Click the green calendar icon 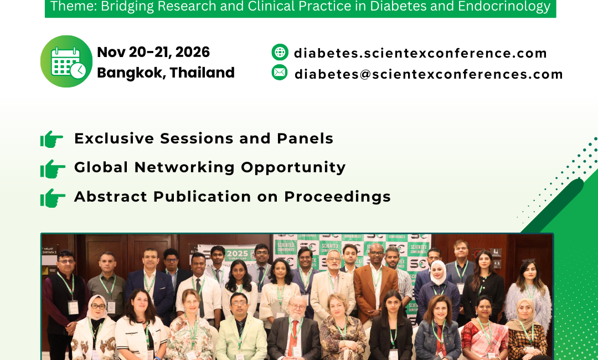coord(66,61)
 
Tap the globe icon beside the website coord(280,52)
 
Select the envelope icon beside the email coord(280,73)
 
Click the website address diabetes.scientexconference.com coord(420,53)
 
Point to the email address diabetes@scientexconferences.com coord(429,74)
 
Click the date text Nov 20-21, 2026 coord(153,52)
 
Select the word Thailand coord(202,73)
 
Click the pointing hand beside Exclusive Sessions coord(52,139)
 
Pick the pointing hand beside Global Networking coord(52,169)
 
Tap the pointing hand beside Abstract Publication coord(52,198)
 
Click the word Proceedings coord(338,197)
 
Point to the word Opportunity coord(293,168)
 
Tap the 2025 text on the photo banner coord(237,254)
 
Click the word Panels coord(305,138)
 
